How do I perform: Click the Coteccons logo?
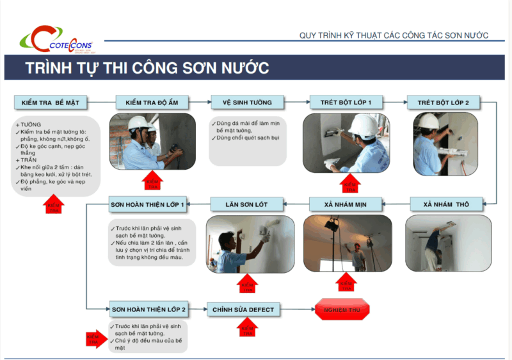coord(56,39)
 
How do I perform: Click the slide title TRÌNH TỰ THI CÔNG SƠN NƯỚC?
coord(147,68)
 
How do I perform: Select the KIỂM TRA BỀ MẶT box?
coord(51,102)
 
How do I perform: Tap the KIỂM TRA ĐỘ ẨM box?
coord(151,102)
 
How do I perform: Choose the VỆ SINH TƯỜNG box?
coord(247,102)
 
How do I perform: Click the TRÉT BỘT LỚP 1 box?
coord(346,102)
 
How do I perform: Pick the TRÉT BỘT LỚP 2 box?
coord(443,102)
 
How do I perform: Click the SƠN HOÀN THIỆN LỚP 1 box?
coord(148,205)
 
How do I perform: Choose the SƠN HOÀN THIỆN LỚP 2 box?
coord(148,309)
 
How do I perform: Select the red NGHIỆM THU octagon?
coord(342,309)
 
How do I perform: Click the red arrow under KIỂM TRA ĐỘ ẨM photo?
coord(152,181)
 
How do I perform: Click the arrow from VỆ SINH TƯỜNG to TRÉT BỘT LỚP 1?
coord(296,102)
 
